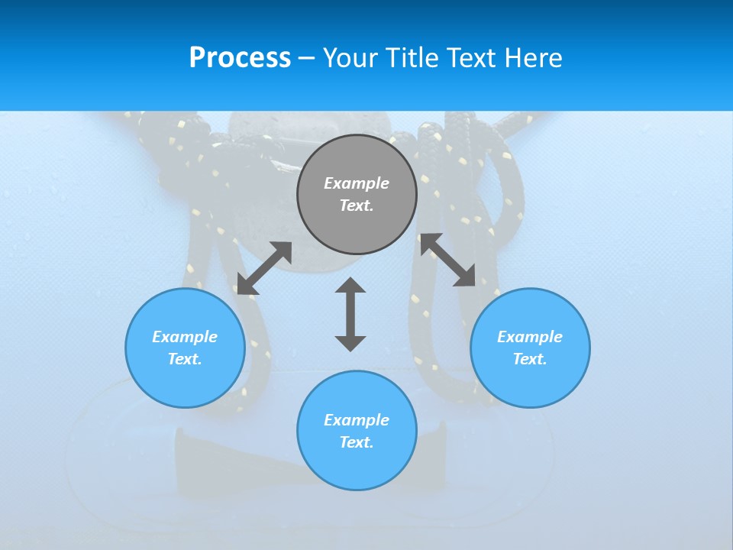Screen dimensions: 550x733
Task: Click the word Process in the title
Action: (x=240, y=58)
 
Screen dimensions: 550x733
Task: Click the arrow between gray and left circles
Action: (x=264, y=268)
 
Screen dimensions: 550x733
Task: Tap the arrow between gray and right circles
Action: (x=447, y=260)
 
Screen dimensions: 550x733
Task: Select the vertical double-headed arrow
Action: (x=350, y=314)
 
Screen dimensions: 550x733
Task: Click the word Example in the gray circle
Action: (x=357, y=183)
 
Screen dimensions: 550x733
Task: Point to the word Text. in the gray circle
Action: (x=357, y=205)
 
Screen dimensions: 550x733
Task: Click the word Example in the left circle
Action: (x=185, y=337)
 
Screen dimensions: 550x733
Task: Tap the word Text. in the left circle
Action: (x=185, y=359)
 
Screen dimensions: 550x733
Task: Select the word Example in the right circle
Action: (x=530, y=337)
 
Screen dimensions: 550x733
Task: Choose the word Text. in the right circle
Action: (x=530, y=359)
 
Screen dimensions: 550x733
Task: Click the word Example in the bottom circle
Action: (x=357, y=420)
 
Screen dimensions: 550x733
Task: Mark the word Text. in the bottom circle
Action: (x=357, y=442)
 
